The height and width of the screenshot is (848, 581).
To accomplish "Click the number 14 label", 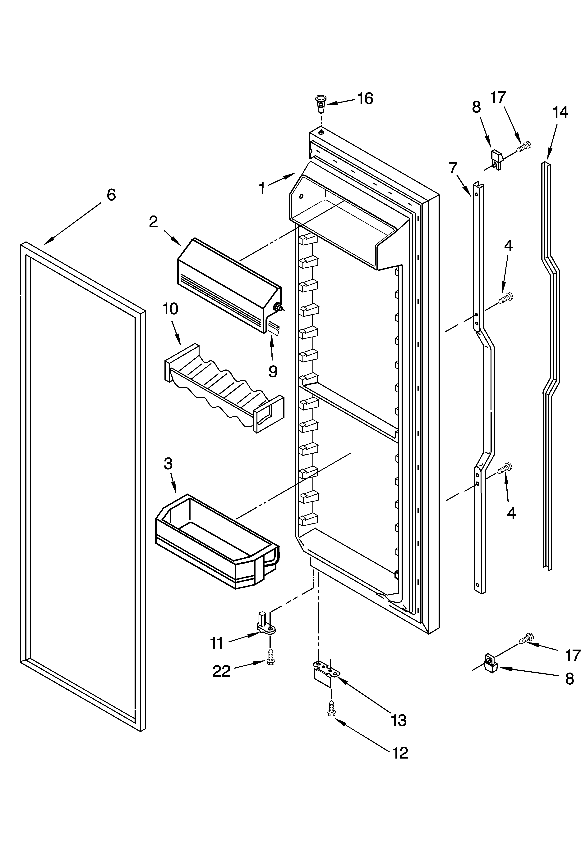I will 560,112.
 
